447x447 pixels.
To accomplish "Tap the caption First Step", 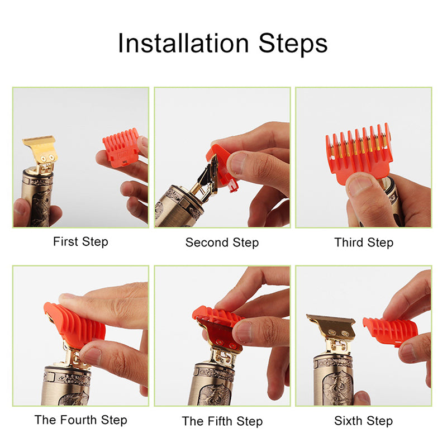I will pos(80,242).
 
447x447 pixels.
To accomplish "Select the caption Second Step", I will pos(222,242).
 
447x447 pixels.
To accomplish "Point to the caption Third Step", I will pos(364,242).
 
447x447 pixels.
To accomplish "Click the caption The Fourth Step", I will pos(80,420).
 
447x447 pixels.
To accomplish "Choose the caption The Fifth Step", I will pos(222,421).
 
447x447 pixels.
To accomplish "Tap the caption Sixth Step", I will pos(364,421).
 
